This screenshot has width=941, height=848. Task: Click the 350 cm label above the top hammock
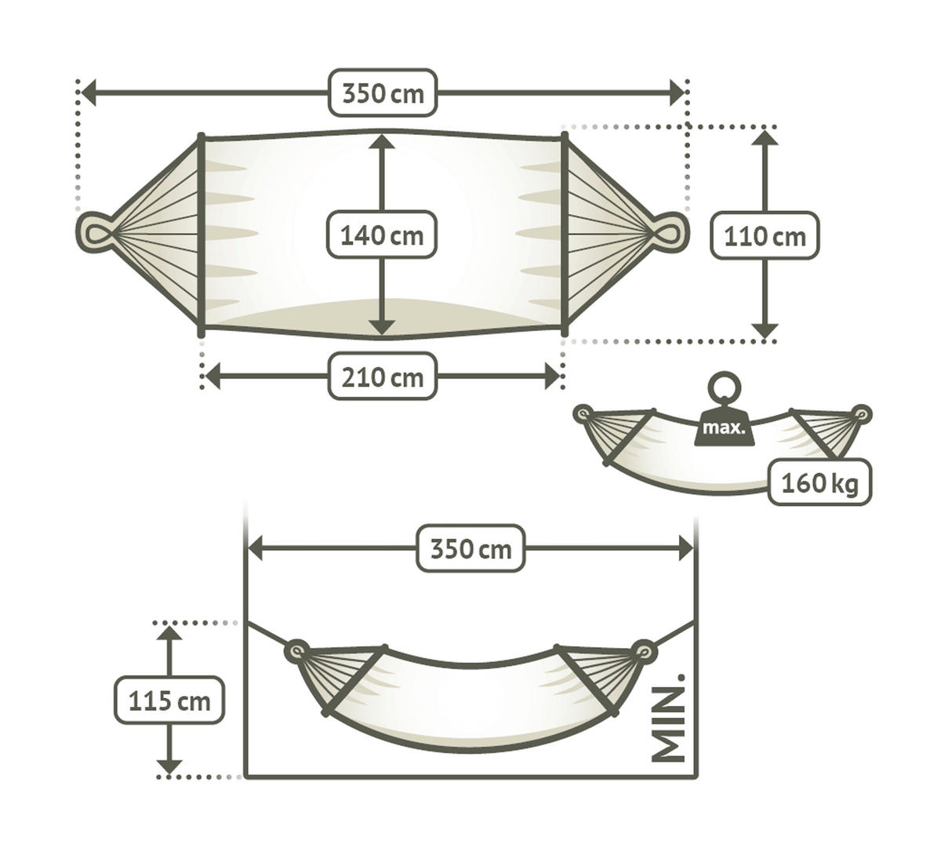coord(382,93)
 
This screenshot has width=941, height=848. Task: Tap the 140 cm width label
coord(381,235)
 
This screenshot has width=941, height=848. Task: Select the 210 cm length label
coord(382,377)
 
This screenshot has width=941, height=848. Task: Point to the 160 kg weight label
coord(819,482)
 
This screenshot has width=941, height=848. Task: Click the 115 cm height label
coord(169,700)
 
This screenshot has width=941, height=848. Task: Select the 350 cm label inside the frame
coord(470,548)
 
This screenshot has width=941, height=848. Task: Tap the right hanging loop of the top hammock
coord(672,232)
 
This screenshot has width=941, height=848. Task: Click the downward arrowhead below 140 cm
coord(381,327)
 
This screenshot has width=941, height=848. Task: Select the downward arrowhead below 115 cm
coord(169,766)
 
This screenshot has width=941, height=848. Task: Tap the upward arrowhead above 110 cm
coord(765,138)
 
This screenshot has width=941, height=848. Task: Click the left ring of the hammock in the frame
coord(296,650)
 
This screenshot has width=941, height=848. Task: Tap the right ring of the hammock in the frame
coord(645,650)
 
